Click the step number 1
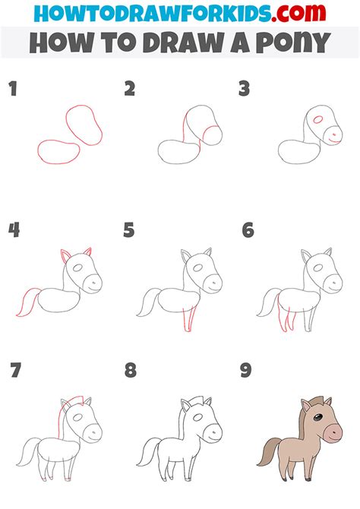tap(12, 90)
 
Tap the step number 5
tap(129, 229)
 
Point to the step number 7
tap(13, 371)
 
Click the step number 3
tap(245, 90)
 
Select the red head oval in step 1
tap(84, 126)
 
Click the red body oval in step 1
tap(56, 151)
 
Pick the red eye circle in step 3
tap(317, 119)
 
